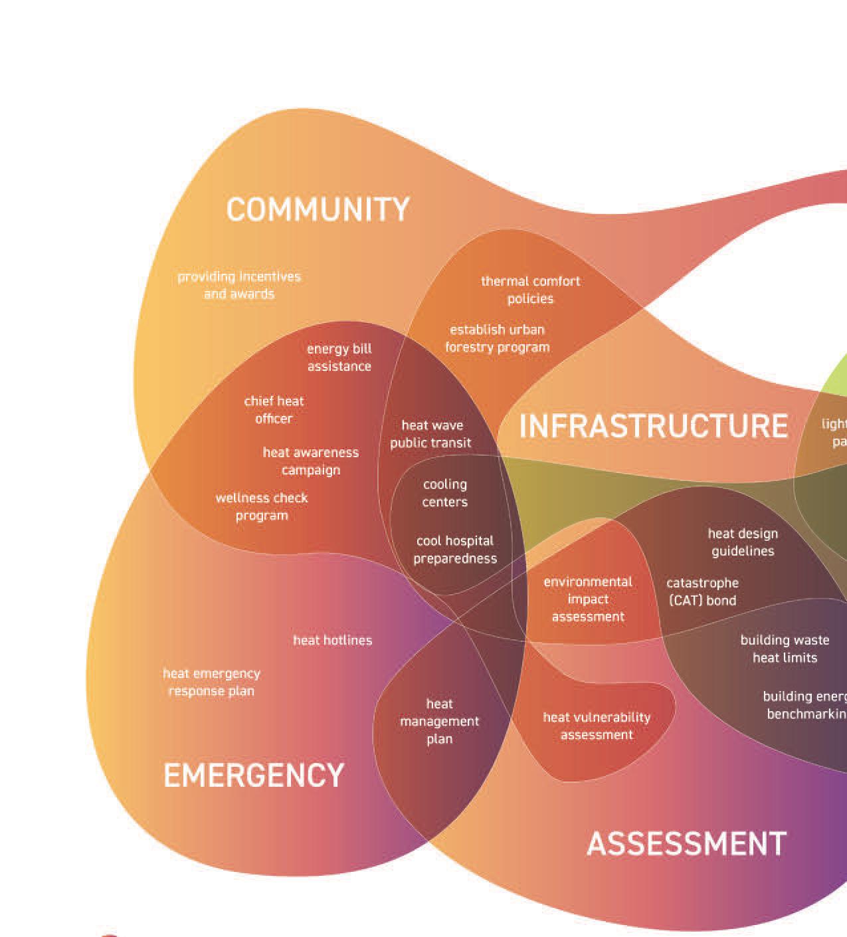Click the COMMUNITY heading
[x=318, y=209]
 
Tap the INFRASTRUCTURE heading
[x=654, y=426]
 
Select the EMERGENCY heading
[x=254, y=776]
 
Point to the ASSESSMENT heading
[x=686, y=844]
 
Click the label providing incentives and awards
[x=239, y=285]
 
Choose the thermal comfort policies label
[x=530, y=290]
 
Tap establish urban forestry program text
[x=497, y=338]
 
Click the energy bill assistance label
[x=339, y=358]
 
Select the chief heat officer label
[x=274, y=410]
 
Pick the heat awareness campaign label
[x=310, y=461]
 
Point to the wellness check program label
[x=262, y=506]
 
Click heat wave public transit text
[x=431, y=434]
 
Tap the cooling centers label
[x=445, y=493]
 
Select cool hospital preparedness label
[x=455, y=550]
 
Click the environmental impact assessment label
[x=588, y=599]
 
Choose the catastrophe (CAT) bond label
[x=702, y=591]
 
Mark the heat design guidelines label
[x=743, y=542]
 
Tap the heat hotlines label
[x=333, y=641]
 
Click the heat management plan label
[x=439, y=721]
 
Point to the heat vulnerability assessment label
[x=597, y=726]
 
